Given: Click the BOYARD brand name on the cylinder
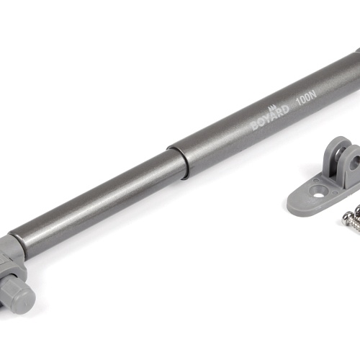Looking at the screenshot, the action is tap(270, 118).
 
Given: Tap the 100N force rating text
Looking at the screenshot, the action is tap(307, 96).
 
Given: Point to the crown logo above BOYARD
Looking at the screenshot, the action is tap(273, 107).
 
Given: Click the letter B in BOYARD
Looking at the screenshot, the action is tap(255, 126).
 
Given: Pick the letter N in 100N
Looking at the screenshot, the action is tap(314, 93).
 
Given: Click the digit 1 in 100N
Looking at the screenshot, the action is tap(298, 100).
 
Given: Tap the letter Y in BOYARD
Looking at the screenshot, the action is tap(267, 120).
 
